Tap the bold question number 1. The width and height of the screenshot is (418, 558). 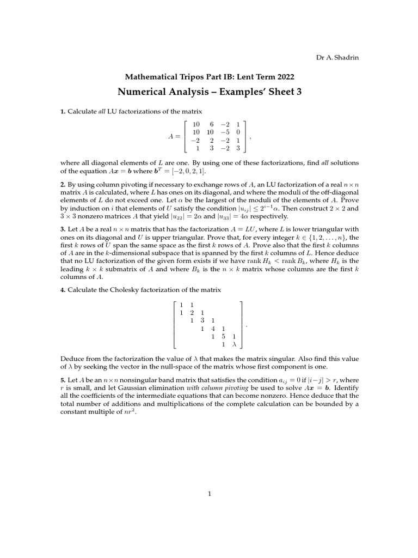[63, 112]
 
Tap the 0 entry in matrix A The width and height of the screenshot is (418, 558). [238, 132]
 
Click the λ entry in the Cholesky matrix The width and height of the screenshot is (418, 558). [234, 344]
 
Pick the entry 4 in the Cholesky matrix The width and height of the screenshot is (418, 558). [213, 329]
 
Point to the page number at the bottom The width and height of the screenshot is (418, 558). [209, 494]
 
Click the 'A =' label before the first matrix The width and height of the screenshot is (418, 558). [175, 136]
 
